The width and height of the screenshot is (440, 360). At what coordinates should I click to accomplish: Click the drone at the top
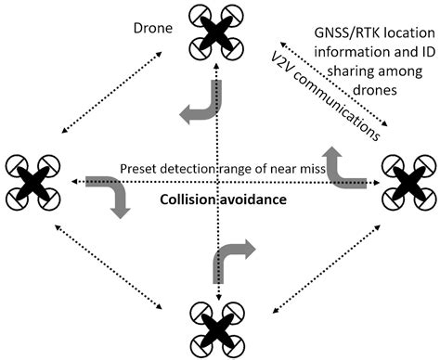click(x=219, y=30)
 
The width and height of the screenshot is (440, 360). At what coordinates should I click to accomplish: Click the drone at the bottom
click(x=219, y=329)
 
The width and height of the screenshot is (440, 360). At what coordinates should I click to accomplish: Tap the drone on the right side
click(x=407, y=180)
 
